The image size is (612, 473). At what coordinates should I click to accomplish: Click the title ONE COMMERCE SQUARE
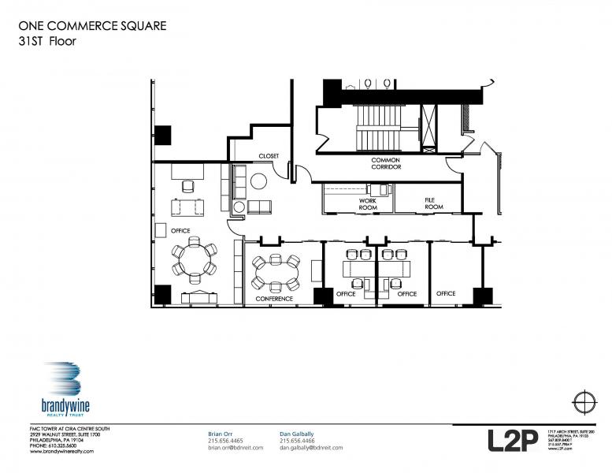pyautogui.click(x=91, y=26)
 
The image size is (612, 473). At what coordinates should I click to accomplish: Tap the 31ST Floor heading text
pyautogui.click(x=47, y=42)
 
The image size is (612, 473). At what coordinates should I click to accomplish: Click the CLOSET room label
pyautogui.click(x=269, y=157)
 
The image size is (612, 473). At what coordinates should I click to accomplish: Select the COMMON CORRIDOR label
pyautogui.click(x=386, y=164)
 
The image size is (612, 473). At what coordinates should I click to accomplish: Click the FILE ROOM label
pyautogui.click(x=434, y=203)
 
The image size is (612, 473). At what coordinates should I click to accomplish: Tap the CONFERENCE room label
pyautogui.click(x=273, y=299)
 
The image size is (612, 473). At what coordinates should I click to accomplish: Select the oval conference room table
pyautogui.click(x=276, y=274)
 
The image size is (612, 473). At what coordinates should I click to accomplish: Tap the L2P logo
pyautogui.click(x=512, y=440)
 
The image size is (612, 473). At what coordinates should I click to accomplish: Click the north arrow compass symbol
pyautogui.click(x=584, y=402)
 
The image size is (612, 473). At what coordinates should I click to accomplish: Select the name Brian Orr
pyautogui.click(x=221, y=434)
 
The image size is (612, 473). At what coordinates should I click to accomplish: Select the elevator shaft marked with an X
pyautogui.click(x=431, y=126)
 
